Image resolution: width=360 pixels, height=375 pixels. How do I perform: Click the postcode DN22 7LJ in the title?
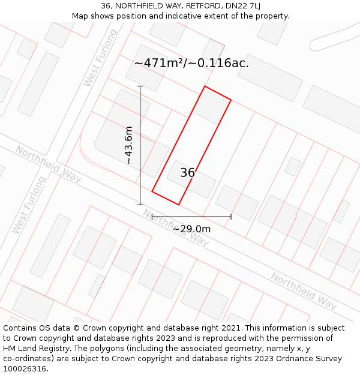point(239,6)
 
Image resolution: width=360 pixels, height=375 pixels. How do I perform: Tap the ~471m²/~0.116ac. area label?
point(191,63)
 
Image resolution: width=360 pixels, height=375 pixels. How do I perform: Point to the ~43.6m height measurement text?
point(128,145)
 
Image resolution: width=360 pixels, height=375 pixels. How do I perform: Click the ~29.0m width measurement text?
point(191,229)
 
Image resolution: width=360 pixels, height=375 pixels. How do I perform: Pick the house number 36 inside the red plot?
point(187,173)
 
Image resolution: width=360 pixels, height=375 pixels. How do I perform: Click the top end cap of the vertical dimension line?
point(140,86)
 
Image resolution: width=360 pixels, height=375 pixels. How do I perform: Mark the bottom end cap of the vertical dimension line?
point(140,205)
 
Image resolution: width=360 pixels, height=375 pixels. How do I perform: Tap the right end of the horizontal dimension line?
point(231,217)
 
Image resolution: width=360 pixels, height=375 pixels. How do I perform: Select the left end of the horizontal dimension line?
point(152,217)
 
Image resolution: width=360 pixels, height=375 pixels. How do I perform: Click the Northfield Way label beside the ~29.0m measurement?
point(176,227)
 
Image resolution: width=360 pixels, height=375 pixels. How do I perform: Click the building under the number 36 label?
point(192,180)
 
